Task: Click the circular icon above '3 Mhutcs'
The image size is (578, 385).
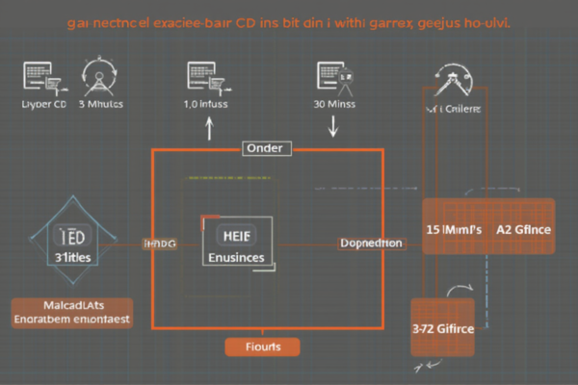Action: pos(100,75)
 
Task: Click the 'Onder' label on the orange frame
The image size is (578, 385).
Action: pos(266,149)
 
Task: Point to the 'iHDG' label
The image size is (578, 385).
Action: pos(160,245)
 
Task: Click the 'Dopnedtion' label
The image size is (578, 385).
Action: pos(371,244)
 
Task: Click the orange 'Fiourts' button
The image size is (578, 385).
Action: pos(261,346)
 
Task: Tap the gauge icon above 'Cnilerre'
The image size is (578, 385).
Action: pos(452,82)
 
